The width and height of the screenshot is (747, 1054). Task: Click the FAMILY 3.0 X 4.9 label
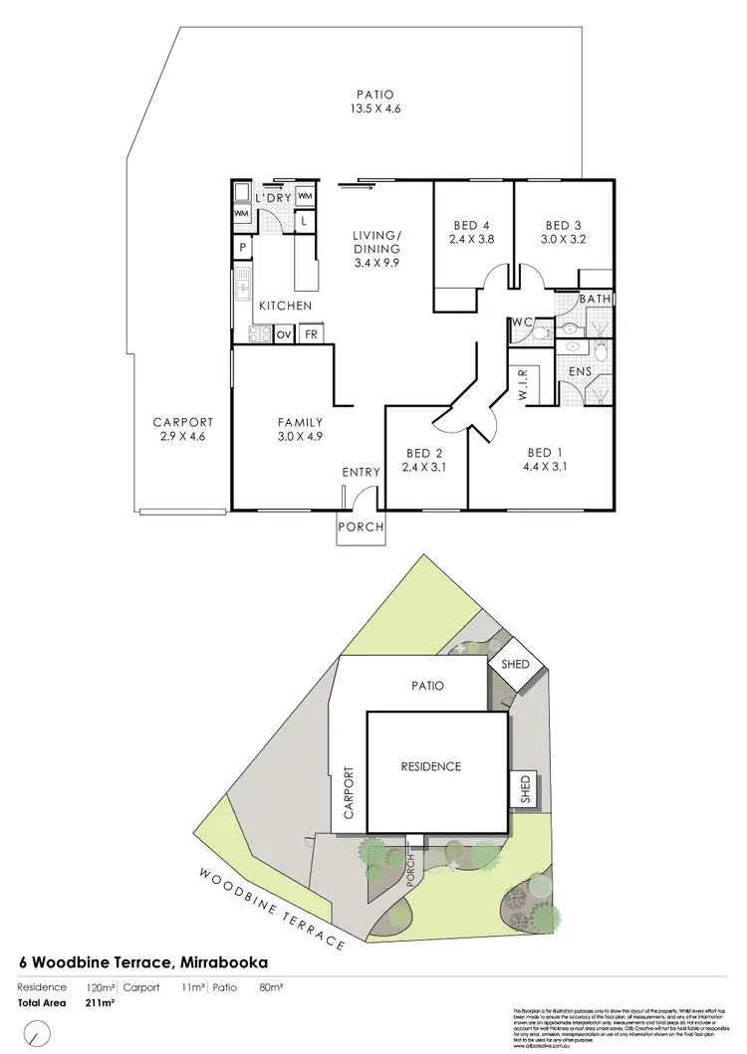tap(302, 429)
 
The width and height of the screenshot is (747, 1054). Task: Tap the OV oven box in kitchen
tap(284, 334)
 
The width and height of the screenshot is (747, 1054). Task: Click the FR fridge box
tap(312, 334)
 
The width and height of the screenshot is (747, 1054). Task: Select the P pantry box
tap(242, 249)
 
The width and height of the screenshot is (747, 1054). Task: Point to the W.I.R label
tap(522, 384)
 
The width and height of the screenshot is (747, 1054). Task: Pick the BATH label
tap(595, 299)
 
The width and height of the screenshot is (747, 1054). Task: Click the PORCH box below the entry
tap(360, 527)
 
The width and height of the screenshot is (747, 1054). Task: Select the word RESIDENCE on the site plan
tap(430, 766)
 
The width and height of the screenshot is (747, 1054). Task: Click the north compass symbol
tap(37, 1032)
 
